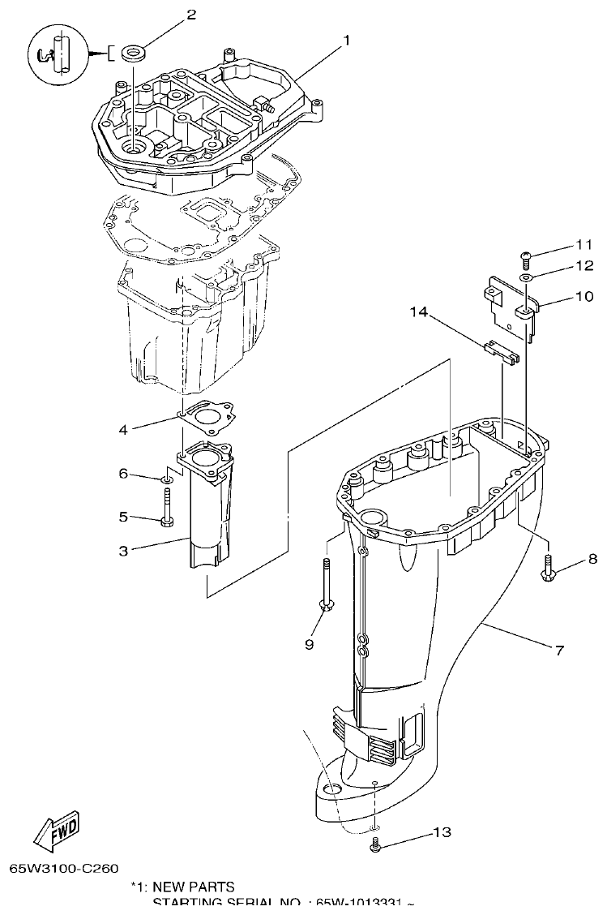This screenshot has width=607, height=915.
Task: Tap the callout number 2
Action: (x=191, y=14)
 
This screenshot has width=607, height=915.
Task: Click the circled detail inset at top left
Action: (x=56, y=54)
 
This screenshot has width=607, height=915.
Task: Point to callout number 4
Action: (x=123, y=429)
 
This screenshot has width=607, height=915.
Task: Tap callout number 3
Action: (x=123, y=551)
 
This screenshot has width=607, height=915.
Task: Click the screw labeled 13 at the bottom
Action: (x=375, y=847)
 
